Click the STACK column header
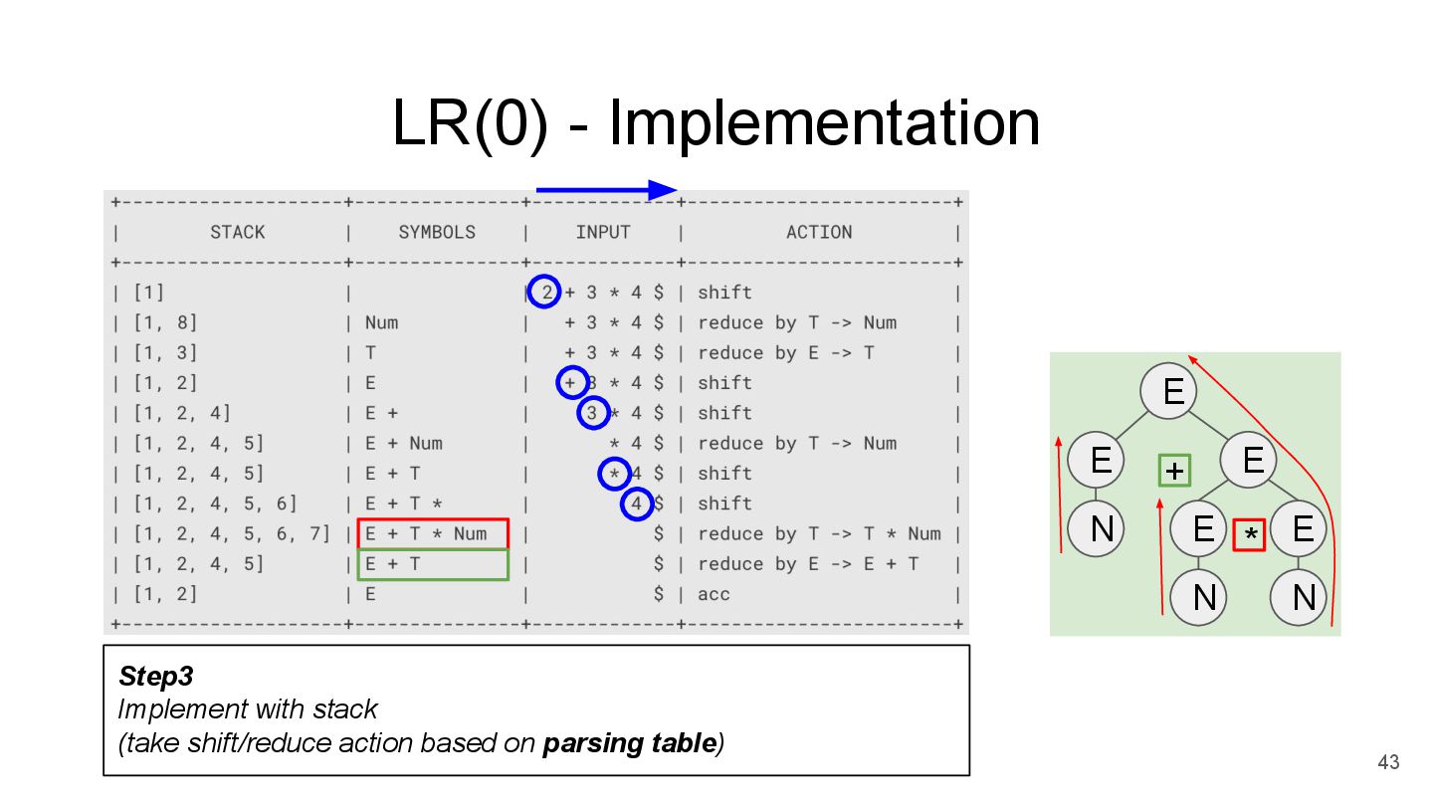click(x=237, y=232)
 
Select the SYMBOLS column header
click(x=437, y=232)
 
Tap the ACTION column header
click(x=819, y=232)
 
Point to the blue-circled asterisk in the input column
click(x=614, y=474)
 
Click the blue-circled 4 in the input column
click(x=637, y=504)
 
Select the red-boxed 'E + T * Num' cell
click(x=433, y=533)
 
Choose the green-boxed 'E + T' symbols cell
click(x=433, y=564)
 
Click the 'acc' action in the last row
click(x=714, y=594)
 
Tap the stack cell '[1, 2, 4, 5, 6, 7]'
click(x=231, y=533)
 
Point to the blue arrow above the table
click(x=606, y=190)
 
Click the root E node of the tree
click(x=1172, y=390)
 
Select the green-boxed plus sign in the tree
click(x=1174, y=470)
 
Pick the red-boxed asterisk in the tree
click(x=1249, y=534)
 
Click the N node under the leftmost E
click(x=1100, y=528)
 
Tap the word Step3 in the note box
click(x=155, y=677)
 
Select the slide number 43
click(x=1388, y=762)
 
